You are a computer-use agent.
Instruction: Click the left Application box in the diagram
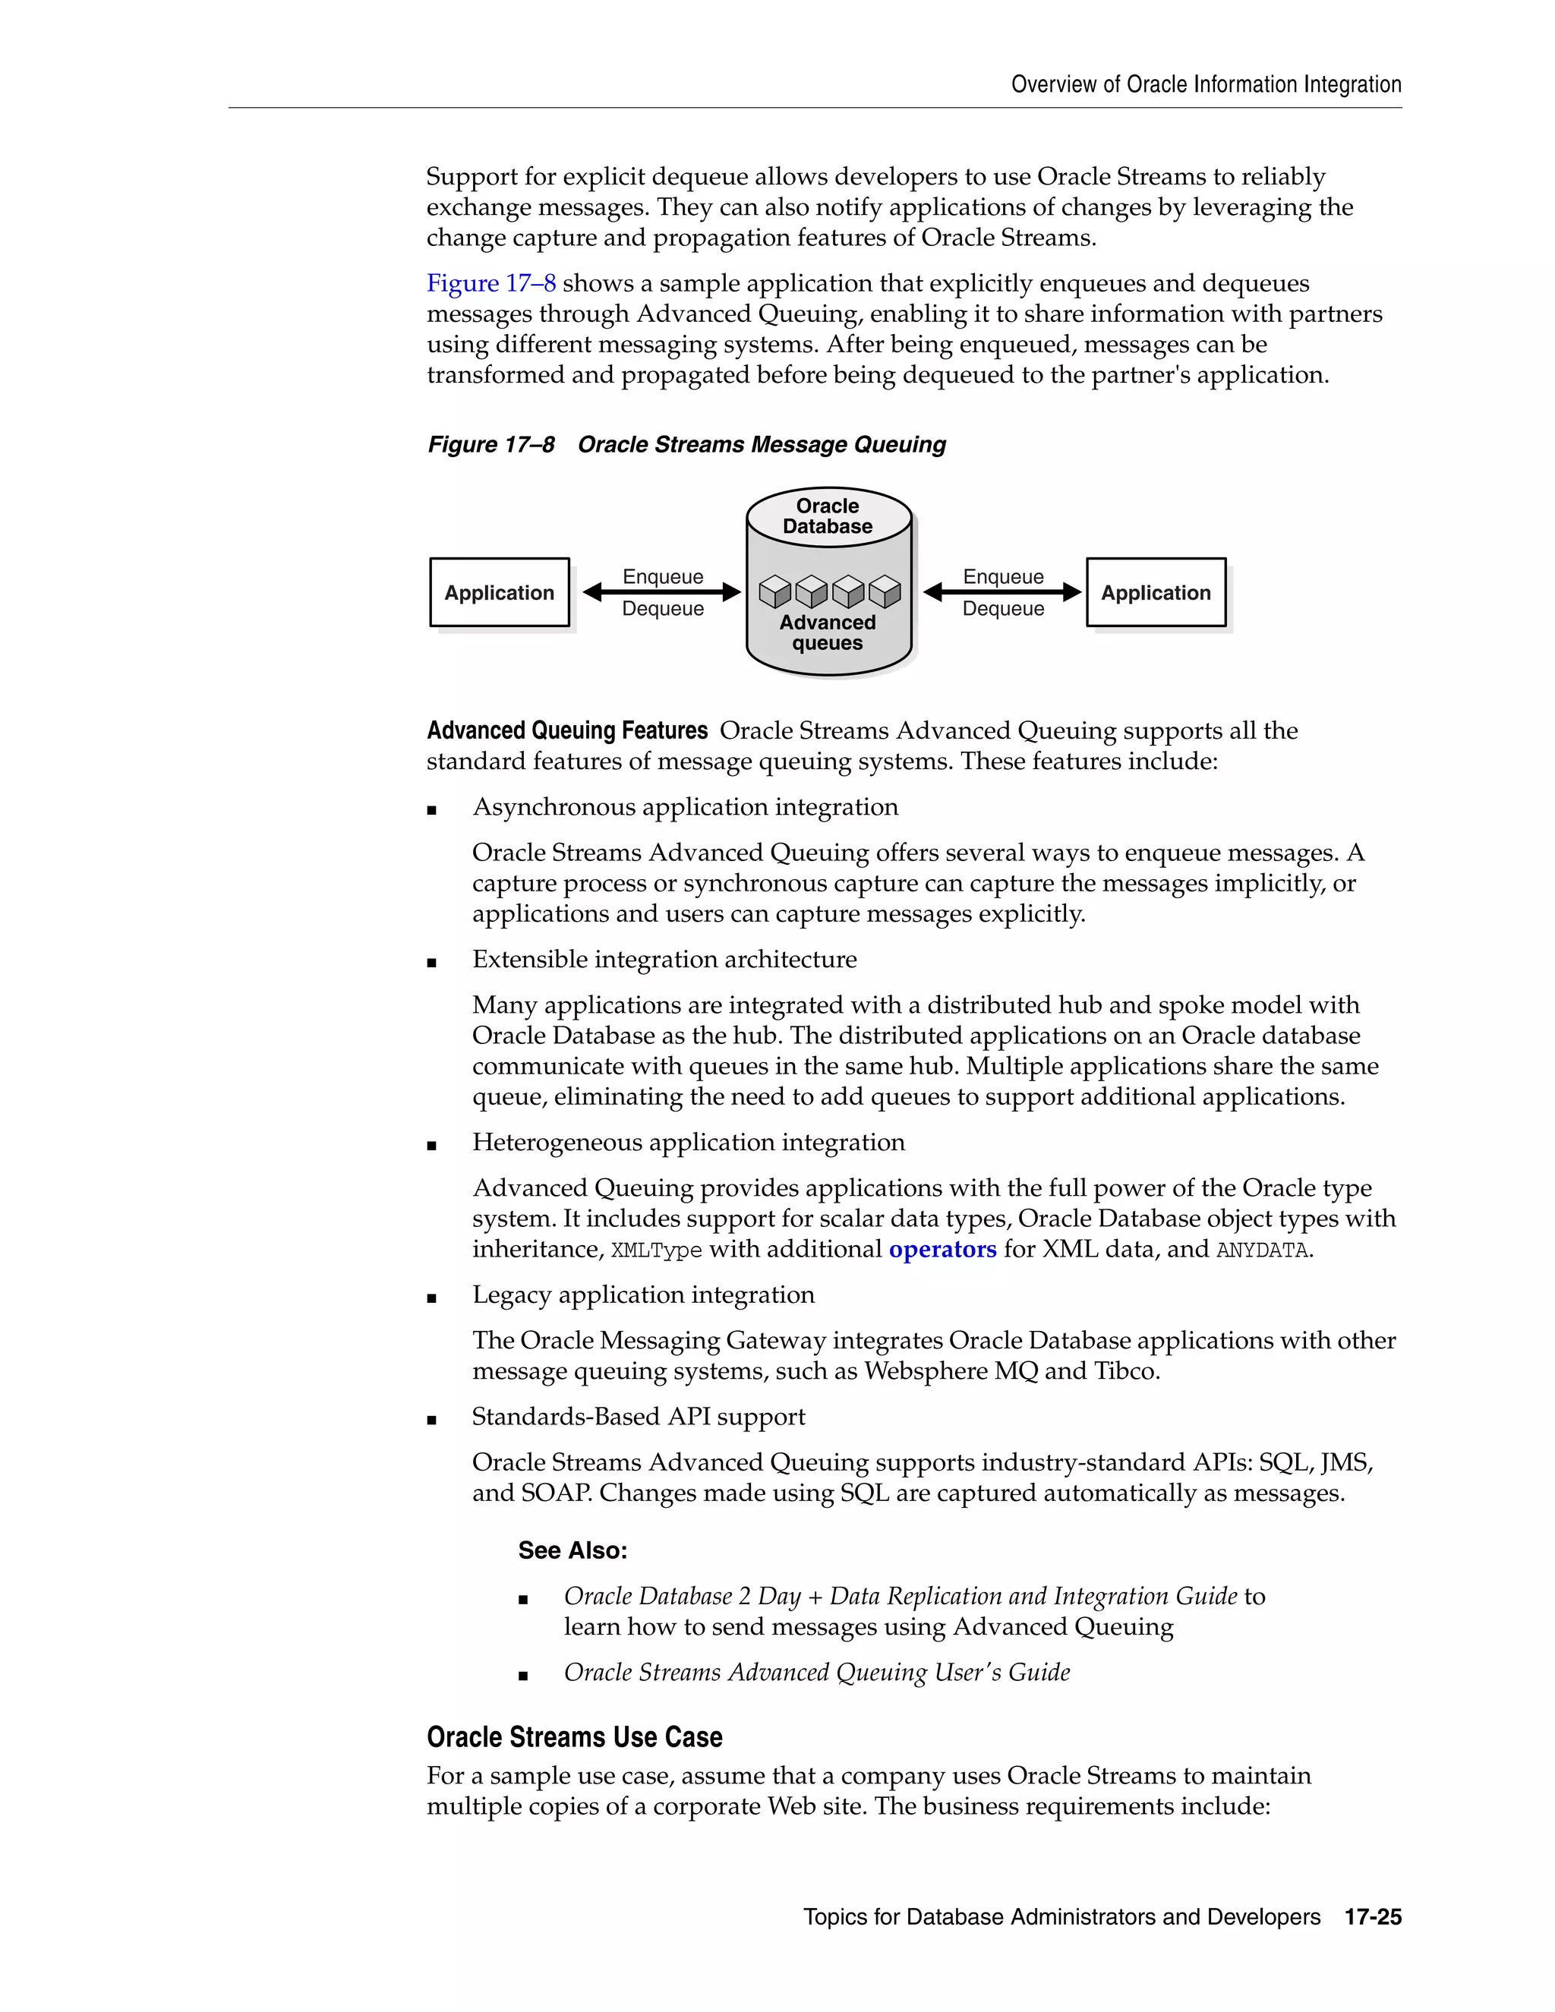[x=500, y=592]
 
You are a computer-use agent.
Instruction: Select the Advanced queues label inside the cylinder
[x=828, y=633]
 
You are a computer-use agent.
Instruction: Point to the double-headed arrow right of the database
[x=1002, y=592]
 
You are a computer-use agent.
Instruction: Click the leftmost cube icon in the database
[x=774, y=592]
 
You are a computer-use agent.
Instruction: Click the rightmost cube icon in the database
[x=885, y=592]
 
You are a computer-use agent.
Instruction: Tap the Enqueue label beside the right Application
[x=1003, y=577]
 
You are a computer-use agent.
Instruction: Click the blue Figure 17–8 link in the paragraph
[x=491, y=284]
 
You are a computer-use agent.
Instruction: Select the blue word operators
[x=942, y=1249]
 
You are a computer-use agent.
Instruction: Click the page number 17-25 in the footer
[x=1373, y=1917]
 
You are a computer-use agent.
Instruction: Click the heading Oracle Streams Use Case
[x=574, y=1737]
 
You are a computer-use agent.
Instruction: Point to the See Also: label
[x=572, y=1550]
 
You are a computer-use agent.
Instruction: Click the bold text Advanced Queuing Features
[x=566, y=730]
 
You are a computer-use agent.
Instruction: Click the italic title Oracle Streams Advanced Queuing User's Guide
[x=816, y=1672]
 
